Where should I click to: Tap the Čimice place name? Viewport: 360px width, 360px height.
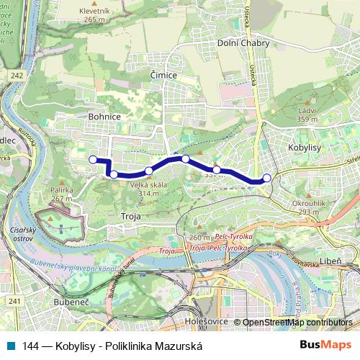(x=163, y=75)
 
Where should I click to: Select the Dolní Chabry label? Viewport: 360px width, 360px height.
(x=243, y=43)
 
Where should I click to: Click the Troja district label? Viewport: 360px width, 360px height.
(x=131, y=215)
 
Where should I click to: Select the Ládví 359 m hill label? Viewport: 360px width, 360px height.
(x=307, y=114)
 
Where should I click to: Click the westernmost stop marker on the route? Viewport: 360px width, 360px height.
(x=92, y=159)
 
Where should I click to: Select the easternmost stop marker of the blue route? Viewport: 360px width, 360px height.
(x=267, y=178)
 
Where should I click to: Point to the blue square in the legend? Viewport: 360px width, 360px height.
(x=12, y=346)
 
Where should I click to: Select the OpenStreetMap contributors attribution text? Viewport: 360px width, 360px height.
(x=297, y=323)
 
